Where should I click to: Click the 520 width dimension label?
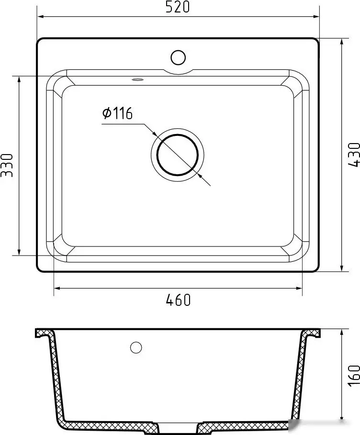click(178, 7)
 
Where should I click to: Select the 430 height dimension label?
click(353, 155)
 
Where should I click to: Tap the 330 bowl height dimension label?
click(7, 165)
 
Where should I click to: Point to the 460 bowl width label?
click(178, 300)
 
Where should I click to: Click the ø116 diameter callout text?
click(117, 113)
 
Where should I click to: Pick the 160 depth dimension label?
click(354, 376)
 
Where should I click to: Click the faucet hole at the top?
click(178, 57)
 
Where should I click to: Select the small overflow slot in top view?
click(138, 79)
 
